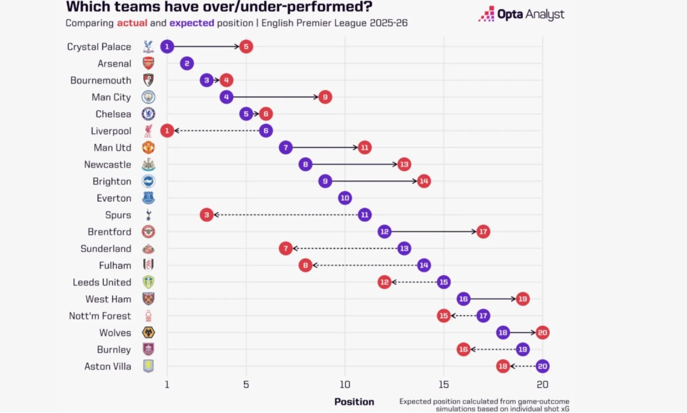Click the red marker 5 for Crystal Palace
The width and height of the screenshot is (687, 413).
[246, 47]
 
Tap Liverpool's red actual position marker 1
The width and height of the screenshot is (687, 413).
[167, 131]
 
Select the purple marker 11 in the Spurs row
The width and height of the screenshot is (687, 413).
[365, 215]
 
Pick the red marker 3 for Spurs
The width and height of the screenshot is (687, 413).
[207, 215]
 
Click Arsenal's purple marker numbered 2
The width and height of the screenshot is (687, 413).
[187, 64]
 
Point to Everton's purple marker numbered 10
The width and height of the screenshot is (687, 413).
[345, 198]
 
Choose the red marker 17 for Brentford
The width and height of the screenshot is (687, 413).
[483, 232]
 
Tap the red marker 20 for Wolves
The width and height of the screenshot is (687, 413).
[542, 333]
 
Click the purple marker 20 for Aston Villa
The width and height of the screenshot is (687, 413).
[542, 366]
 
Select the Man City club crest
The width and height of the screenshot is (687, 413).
[148, 97]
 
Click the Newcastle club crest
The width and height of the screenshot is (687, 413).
[148, 165]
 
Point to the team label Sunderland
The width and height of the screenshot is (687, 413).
[106, 248]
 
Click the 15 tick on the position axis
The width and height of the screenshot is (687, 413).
[443, 384]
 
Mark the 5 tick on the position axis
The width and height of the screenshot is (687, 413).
[246, 384]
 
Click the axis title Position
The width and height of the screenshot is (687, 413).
[354, 401]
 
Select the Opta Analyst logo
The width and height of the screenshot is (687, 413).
[521, 14]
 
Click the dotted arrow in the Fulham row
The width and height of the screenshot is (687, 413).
[365, 265]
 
